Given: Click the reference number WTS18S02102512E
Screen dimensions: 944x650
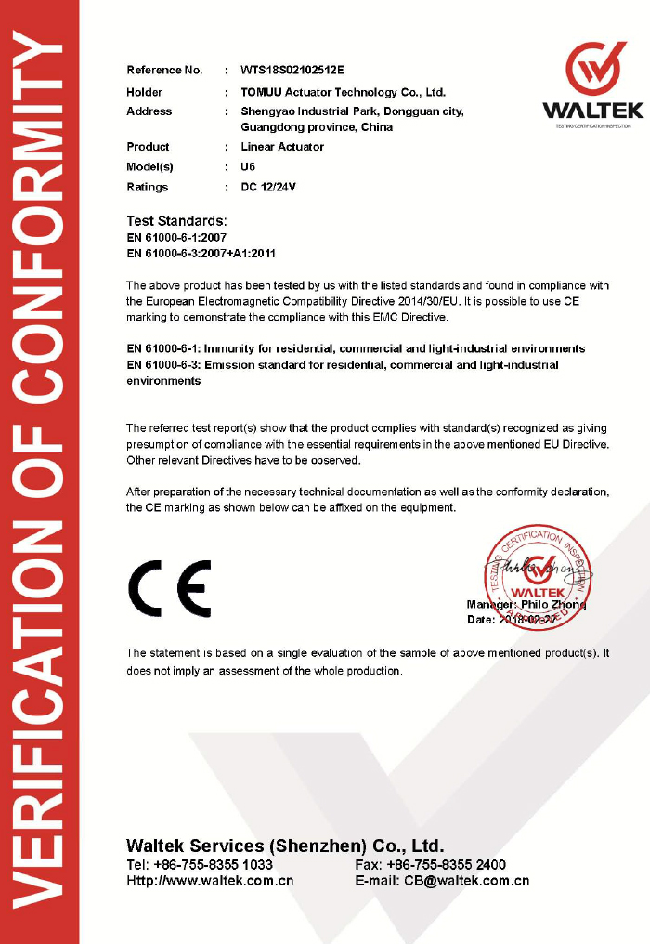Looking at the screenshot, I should [292, 70].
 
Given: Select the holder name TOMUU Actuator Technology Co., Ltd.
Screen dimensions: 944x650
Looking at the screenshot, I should [343, 92].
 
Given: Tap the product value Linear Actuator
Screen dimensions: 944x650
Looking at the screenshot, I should [282, 147].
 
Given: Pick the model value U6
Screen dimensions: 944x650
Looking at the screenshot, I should [248, 167].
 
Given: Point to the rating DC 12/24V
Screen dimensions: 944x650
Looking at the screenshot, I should [268, 187].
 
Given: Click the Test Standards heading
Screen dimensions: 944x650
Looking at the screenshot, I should [176, 221].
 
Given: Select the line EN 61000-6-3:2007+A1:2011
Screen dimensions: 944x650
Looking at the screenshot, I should [201, 253].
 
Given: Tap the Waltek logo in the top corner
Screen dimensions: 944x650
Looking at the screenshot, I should [592, 84].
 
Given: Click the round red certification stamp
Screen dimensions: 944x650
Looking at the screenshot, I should [536, 576].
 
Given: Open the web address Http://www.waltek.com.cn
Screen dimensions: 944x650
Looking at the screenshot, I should [210, 881].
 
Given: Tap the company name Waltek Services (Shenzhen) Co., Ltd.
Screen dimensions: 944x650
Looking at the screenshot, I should [285, 846].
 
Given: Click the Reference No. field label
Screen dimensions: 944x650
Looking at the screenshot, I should [164, 70].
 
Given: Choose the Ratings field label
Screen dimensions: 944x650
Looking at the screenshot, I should [148, 187].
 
